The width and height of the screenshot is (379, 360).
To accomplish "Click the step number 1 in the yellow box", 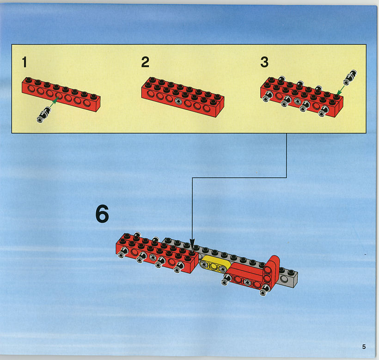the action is pos(24,62).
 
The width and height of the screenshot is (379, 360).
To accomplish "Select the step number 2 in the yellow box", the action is pos(145,62).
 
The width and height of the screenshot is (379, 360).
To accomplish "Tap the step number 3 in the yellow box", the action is pos(264,62).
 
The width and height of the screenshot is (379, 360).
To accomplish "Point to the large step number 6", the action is pos(102,214).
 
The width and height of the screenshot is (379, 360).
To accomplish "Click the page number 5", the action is pos(364,347).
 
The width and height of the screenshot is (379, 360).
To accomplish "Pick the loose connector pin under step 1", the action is pos(44,115).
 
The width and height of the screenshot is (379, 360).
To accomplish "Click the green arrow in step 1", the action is pos(55,102).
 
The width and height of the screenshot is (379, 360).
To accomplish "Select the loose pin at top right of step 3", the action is pos(350,77).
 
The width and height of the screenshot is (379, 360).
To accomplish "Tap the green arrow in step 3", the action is pos(341,90).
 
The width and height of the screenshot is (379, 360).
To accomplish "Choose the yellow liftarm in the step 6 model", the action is pos(214,264).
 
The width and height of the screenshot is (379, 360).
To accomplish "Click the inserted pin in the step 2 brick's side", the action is pos(178,101).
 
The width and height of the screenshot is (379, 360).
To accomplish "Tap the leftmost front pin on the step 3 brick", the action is pos(267,96).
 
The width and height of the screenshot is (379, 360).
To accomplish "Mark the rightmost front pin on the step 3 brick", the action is pos(323,111).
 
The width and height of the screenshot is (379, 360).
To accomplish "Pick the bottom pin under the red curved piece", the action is pos(265,290).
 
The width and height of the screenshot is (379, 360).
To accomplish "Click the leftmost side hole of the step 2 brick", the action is pos(151,94).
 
